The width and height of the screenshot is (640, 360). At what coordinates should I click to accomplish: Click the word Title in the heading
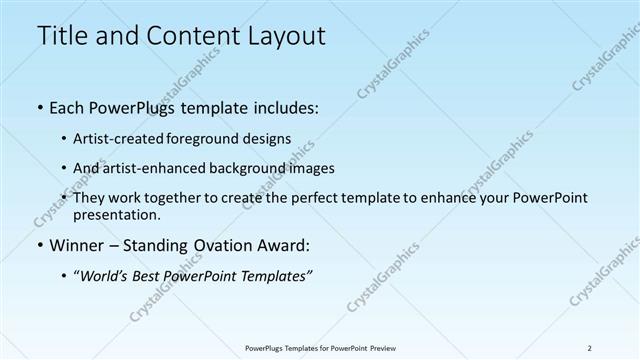click(61, 37)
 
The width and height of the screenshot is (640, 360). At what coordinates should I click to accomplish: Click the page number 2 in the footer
click(589, 348)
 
